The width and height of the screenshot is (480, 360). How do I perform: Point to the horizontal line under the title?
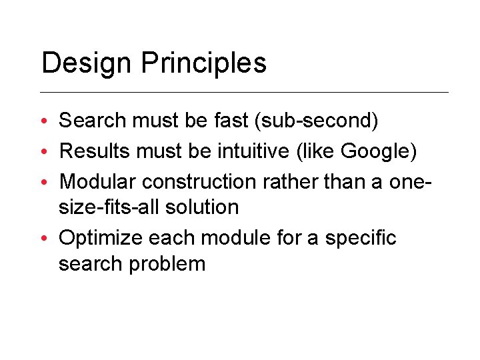click(245, 92)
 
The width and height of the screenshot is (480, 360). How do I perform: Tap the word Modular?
click(98, 181)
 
